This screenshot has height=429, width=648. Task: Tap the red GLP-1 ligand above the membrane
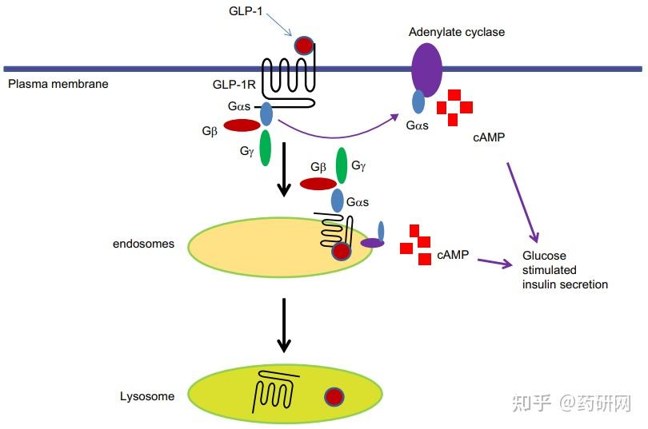tap(304, 46)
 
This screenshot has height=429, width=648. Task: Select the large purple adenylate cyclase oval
tap(426, 70)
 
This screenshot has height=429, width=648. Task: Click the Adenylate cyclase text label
tap(457, 32)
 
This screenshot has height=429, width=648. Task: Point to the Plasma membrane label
tap(58, 83)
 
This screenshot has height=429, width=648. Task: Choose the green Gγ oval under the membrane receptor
tap(265, 147)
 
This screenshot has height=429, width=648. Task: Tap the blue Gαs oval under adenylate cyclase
tap(418, 101)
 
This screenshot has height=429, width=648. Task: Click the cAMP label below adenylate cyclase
tap(490, 137)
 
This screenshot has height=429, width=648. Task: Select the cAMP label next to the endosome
tap(453, 256)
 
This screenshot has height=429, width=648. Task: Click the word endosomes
tap(143, 244)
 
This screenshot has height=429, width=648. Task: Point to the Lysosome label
tap(147, 396)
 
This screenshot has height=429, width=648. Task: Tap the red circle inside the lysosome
tap(334, 396)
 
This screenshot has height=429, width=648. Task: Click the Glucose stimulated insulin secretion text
tap(565, 270)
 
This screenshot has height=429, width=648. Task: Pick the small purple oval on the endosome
tap(371, 243)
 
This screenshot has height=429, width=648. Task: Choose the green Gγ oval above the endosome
tap(342, 165)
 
